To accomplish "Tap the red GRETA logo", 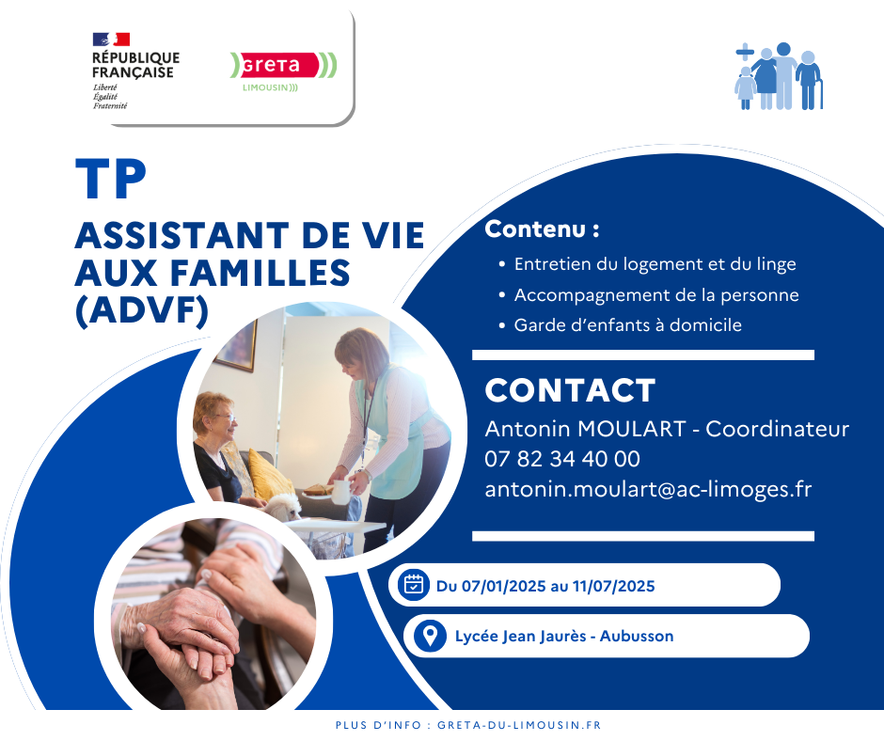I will [x=283, y=66].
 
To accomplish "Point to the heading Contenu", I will [x=542, y=229].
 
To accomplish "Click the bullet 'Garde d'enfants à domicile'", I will [x=627, y=325].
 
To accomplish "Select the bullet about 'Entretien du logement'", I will [x=655, y=264].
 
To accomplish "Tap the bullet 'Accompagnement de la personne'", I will [x=655, y=295].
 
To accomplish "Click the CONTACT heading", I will [x=570, y=390].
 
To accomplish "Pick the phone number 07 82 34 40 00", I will [x=562, y=459].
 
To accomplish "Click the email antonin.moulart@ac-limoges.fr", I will [x=648, y=489].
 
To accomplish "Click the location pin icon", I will [x=430, y=636].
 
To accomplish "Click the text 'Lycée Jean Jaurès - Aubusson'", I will [x=563, y=637].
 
